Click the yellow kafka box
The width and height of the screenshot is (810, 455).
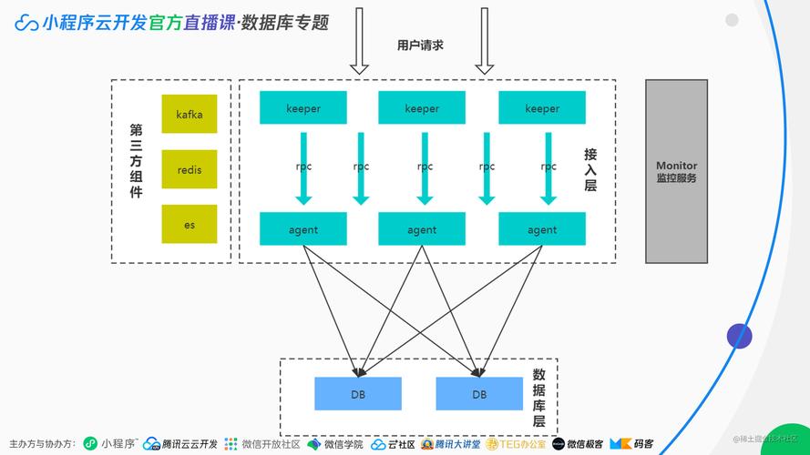(190, 114)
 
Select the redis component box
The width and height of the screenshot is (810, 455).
(190, 169)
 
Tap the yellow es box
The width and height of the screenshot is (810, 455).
(190, 224)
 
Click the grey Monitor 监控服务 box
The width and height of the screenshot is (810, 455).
(676, 172)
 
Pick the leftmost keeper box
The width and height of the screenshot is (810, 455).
(303, 108)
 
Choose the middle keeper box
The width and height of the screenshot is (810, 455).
(422, 108)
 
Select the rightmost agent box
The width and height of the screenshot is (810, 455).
(542, 229)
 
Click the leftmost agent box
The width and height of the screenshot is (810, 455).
(303, 229)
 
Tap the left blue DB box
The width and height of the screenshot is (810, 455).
(358, 394)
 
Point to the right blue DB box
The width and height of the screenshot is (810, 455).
(479, 394)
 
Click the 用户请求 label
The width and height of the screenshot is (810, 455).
(421, 45)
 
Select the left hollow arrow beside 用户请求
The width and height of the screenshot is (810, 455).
(359, 41)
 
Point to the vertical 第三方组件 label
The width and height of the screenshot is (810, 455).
(136, 161)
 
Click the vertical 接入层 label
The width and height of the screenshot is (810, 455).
(590, 169)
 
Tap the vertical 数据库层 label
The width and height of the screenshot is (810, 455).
(539, 398)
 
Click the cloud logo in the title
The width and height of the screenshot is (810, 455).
(26, 23)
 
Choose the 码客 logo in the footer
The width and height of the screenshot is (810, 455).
(632, 444)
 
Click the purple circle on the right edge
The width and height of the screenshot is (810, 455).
(739, 336)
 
